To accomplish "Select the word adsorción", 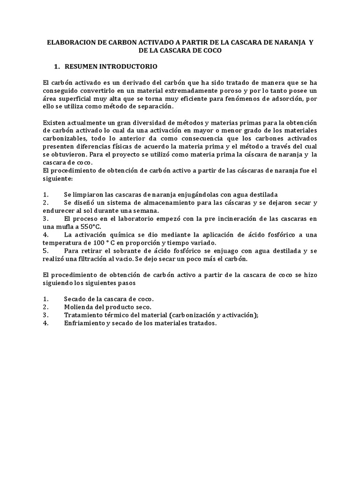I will (285, 98).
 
